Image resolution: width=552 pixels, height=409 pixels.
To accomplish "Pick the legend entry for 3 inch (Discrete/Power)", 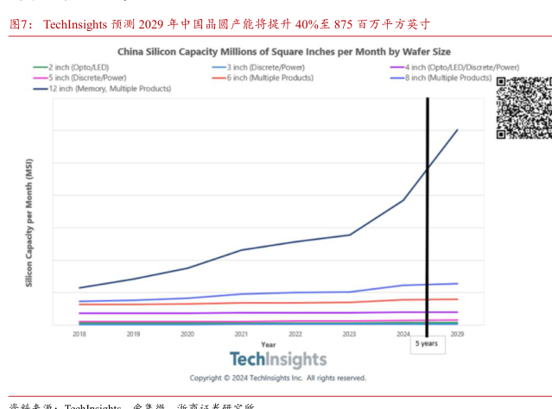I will (x=259, y=66).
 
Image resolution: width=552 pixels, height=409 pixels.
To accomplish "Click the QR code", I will (x=522, y=107).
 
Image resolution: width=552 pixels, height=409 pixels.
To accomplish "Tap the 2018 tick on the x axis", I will (x=79, y=333).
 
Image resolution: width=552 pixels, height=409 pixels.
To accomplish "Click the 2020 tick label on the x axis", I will (x=187, y=333).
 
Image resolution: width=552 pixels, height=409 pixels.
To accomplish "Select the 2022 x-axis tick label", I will (x=295, y=333).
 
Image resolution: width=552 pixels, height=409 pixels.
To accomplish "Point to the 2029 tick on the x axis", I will (x=457, y=333).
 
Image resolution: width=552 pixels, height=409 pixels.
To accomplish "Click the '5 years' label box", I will (x=427, y=343).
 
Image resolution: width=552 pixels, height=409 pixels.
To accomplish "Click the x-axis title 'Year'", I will (x=269, y=343).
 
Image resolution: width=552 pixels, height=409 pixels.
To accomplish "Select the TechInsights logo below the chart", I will (x=278, y=360).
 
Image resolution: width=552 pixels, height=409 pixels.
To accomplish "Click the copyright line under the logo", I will (x=278, y=378).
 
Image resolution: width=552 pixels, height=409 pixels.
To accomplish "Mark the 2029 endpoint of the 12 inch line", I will (x=457, y=130).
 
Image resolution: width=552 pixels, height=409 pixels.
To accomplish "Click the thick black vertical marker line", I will (x=428, y=216).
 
